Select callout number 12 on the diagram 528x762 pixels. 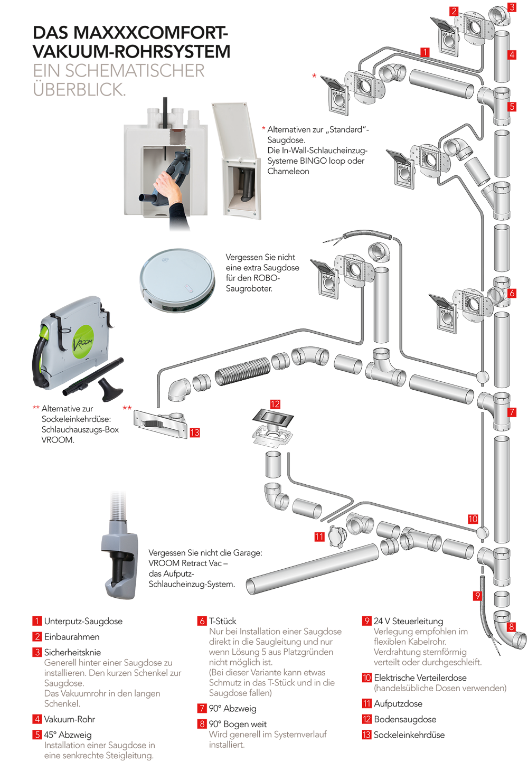tap(275, 404)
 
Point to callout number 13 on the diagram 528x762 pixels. tap(195, 432)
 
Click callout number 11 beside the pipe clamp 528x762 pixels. tap(319, 537)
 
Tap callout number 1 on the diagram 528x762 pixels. tap(425, 51)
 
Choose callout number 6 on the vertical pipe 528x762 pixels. tap(512, 293)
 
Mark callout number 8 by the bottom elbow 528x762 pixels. tap(511, 627)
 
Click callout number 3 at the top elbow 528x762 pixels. tap(512, 7)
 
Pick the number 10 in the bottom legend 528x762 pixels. tap(367, 678)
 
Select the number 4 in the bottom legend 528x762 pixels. tap(37, 719)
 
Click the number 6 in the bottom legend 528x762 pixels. tap(202, 621)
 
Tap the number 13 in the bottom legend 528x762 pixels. tap(367, 734)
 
